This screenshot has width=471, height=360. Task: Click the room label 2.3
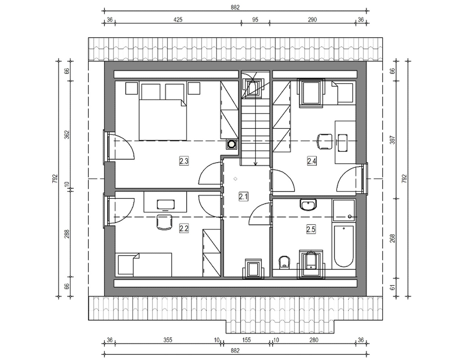[x=184, y=161]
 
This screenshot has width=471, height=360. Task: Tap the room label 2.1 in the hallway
[x=244, y=197]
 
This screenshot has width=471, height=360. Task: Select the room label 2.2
[x=184, y=229]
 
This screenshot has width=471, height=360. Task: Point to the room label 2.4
[x=312, y=161]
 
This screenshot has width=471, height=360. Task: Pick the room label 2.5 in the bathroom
[x=311, y=229]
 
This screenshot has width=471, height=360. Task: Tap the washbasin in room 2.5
[x=309, y=205]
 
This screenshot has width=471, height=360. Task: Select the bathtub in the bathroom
[x=344, y=246]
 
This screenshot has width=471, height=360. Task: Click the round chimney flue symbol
[x=231, y=144]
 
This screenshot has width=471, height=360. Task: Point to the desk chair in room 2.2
[x=164, y=222]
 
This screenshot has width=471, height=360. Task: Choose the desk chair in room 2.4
[x=325, y=141]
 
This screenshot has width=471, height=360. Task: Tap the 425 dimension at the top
[x=178, y=20]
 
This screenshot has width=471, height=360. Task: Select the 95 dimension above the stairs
[x=255, y=20]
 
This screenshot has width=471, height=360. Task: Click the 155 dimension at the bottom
[x=246, y=340]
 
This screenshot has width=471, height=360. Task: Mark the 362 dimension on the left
[x=67, y=135]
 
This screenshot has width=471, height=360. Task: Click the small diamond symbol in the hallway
[x=235, y=179]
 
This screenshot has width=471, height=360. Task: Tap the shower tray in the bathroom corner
[x=344, y=210]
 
